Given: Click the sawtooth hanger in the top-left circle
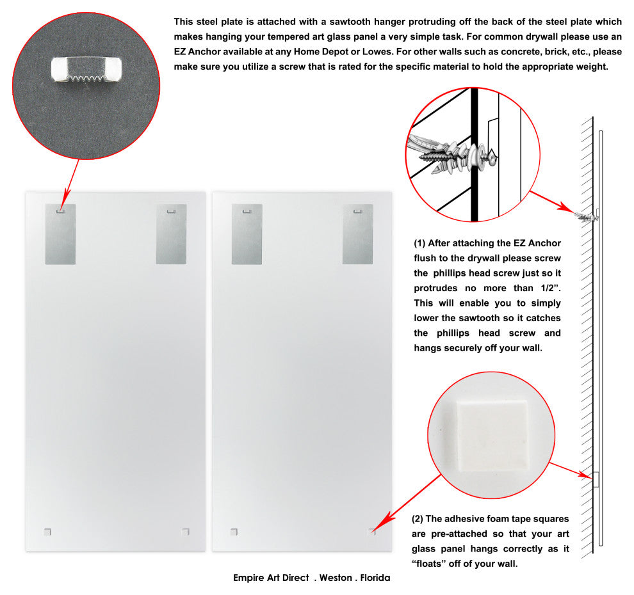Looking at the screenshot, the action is tap(86, 70).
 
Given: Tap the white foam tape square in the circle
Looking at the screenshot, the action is tap(492, 436).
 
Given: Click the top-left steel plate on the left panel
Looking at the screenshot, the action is tap(60, 234).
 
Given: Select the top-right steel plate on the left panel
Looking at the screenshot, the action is tap(172, 234).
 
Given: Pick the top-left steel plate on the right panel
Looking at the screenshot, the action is tap(247, 234).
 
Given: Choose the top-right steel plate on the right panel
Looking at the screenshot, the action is tap(358, 234).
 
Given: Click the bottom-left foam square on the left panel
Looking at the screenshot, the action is tap(47, 532).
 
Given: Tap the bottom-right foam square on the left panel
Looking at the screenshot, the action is tap(186, 532).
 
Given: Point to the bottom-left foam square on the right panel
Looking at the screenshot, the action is tap(234, 532).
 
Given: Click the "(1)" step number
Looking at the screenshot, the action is tap(419, 243).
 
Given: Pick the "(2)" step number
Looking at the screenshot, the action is tap(418, 519).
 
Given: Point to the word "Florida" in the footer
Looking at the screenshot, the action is tap(375, 578).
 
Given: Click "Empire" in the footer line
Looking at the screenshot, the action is tap(247, 578).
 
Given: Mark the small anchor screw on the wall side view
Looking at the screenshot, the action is tap(586, 217).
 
